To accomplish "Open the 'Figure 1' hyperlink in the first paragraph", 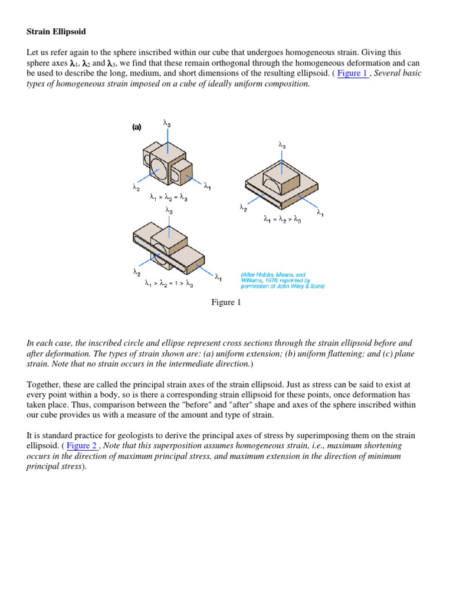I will [352, 73].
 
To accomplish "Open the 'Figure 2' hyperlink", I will [82, 445].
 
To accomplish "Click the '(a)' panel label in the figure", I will [136, 127].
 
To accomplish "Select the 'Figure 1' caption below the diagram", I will [226, 303].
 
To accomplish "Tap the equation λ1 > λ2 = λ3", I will [169, 198].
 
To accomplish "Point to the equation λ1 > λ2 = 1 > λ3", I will [169, 284].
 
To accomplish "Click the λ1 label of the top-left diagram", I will [208, 187].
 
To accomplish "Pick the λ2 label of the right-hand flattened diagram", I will [243, 207].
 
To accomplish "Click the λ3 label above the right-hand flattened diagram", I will [282, 144].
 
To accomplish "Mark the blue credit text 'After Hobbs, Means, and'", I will [273, 274].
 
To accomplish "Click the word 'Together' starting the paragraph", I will [46, 385].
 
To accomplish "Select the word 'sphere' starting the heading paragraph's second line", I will [39, 63].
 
